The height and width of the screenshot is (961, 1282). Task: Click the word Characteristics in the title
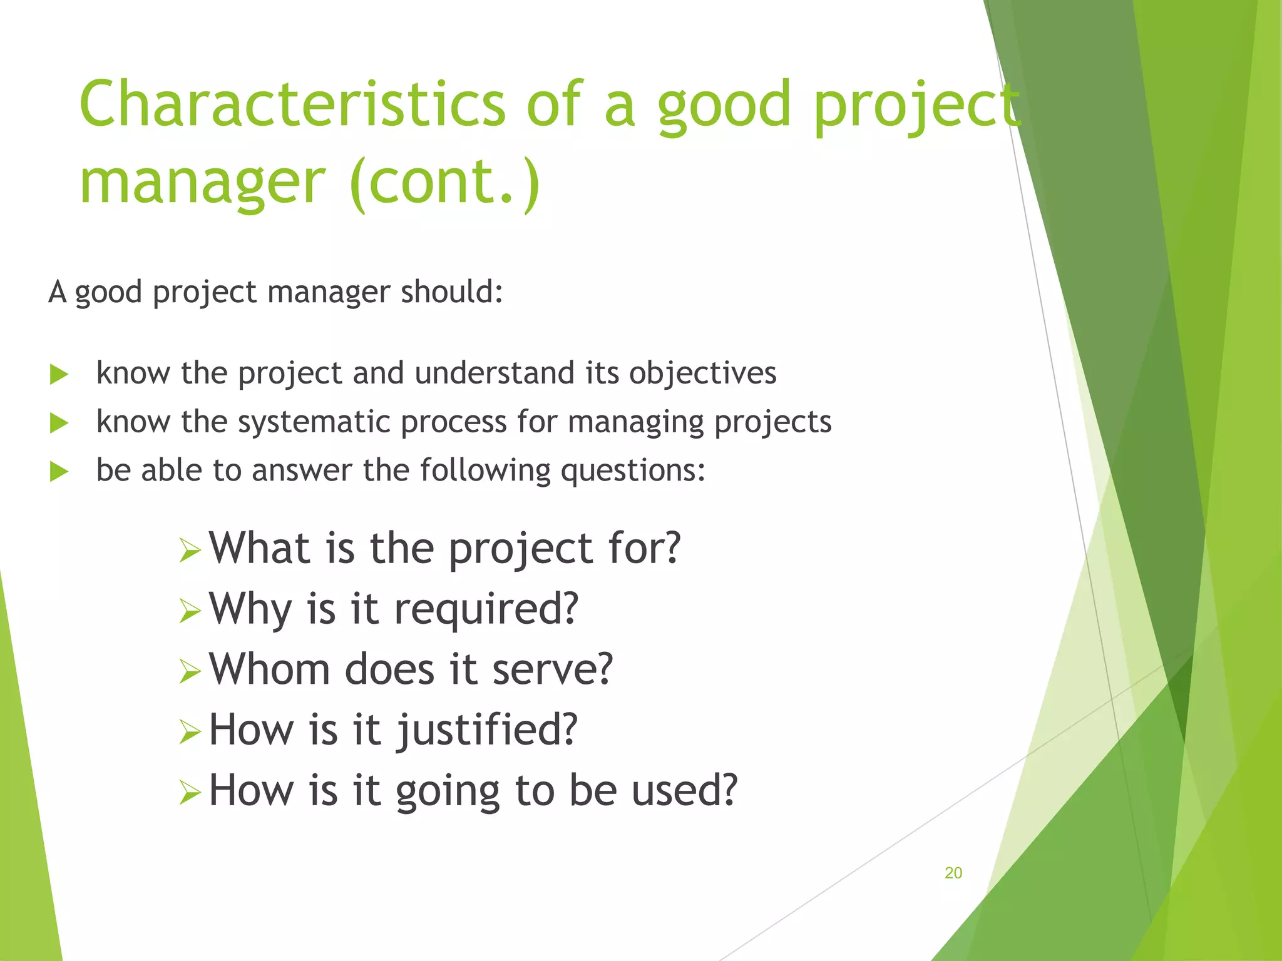coord(292,104)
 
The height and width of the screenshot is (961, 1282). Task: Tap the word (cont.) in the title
coord(444,182)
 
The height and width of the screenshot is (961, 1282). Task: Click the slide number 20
coord(953,873)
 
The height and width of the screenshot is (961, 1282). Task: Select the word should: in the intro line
coord(451,292)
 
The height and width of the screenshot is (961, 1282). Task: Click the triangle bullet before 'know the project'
coord(59,375)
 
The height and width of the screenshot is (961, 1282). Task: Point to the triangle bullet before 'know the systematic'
coord(59,424)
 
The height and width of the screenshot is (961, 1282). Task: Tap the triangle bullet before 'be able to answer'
coord(59,472)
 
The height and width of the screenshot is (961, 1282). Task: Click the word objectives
coord(702,374)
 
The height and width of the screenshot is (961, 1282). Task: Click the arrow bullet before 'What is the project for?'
coord(190,551)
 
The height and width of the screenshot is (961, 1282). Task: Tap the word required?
coord(486,609)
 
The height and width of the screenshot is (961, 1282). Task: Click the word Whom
coord(269,669)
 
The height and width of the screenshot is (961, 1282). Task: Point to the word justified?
coord(486,731)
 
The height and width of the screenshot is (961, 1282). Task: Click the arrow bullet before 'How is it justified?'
coord(190,732)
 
